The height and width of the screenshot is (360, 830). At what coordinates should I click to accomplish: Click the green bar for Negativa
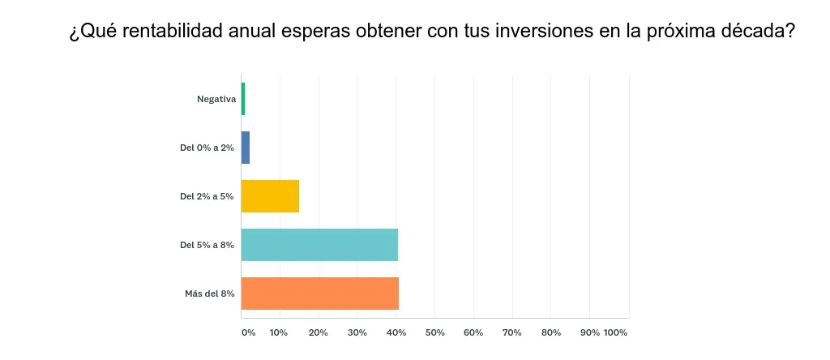[243, 99]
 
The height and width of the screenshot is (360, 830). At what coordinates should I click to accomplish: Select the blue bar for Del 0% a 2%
[246, 148]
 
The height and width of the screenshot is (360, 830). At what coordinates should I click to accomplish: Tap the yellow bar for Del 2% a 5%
[270, 196]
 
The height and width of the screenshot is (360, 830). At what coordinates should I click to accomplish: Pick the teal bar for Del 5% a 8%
[319, 245]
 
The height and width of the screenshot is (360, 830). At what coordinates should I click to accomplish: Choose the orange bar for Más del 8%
[320, 294]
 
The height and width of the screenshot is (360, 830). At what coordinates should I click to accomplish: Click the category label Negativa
[216, 99]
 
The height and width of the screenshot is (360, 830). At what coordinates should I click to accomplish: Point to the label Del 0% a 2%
[207, 148]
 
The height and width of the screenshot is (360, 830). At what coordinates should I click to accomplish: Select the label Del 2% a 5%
[207, 196]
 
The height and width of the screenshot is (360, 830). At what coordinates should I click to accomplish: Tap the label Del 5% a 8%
[207, 245]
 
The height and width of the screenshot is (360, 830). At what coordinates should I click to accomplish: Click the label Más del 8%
[210, 294]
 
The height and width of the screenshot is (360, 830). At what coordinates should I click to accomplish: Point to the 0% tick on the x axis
[248, 332]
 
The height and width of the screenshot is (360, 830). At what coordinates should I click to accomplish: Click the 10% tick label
[279, 332]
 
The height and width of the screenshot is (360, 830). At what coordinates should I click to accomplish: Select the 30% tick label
[357, 332]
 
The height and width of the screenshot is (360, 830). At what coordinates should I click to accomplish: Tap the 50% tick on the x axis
[434, 332]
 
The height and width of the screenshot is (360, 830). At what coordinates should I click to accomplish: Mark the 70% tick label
[512, 332]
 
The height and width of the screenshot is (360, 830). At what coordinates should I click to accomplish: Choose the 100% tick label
[616, 332]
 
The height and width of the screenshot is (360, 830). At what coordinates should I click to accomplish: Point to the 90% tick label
[589, 332]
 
